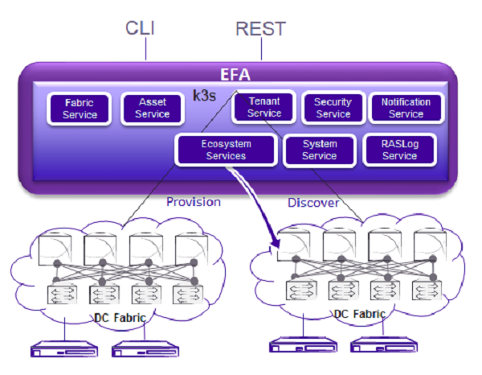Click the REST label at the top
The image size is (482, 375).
259,28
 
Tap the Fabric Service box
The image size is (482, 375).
80,109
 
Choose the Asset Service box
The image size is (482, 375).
153,109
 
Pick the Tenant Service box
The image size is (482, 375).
264,108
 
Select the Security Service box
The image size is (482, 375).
333,108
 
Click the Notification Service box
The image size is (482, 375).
406,108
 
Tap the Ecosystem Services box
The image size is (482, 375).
226,150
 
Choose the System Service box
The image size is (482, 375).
319,150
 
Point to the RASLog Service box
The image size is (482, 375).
399,150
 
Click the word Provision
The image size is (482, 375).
193,202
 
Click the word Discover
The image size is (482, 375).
313,203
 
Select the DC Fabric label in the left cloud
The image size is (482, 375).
117,318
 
